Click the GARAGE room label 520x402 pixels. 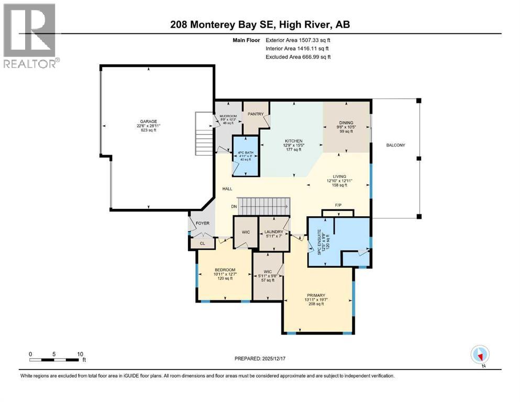(148, 121)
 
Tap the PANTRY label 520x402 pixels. (255, 114)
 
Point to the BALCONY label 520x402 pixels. (396, 146)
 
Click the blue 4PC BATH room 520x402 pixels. (245, 155)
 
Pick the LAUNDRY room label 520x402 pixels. (274, 232)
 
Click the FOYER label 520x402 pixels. (203, 224)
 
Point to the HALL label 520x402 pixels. (227, 189)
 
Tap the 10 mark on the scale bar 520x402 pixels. (80, 354)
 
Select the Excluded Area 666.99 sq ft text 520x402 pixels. (298, 57)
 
